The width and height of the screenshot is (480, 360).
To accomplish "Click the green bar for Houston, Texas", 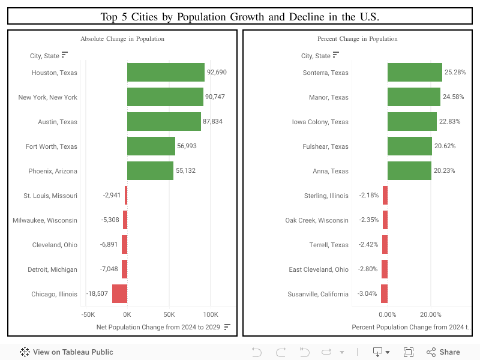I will pyautogui.click(x=166, y=72).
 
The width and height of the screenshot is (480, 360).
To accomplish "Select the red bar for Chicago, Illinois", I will pyautogui.click(x=119, y=294).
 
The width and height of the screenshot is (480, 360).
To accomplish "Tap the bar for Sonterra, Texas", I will pyautogui.click(x=415, y=73).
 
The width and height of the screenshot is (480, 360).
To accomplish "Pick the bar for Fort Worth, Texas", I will pyautogui.click(x=151, y=146).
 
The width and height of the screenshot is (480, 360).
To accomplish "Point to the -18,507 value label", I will pyautogui.click(x=97, y=294).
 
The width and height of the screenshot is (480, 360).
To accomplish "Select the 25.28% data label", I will pyautogui.click(x=455, y=73).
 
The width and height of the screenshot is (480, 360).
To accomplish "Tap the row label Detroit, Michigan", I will pyautogui.click(x=52, y=269).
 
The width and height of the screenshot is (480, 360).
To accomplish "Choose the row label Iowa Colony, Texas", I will pyautogui.click(x=320, y=122).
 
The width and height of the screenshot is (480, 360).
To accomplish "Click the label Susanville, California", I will pyautogui.click(x=318, y=294).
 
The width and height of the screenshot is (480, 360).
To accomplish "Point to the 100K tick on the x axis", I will pyautogui.click(x=211, y=314).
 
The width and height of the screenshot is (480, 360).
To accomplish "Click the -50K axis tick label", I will pyautogui.click(x=88, y=314).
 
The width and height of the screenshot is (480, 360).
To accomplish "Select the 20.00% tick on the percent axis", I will pyautogui.click(x=430, y=314).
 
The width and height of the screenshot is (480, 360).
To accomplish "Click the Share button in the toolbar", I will pyautogui.click(x=443, y=352).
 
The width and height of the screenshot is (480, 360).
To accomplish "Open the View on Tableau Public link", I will pyautogui.click(x=67, y=352).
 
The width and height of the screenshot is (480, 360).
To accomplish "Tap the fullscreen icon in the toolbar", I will pyautogui.click(x=409, y=352).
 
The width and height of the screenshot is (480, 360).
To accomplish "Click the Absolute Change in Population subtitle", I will pyautogui.click(x=122, y=39).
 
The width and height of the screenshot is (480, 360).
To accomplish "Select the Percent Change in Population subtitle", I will pyautogui.click(x=357, y=39).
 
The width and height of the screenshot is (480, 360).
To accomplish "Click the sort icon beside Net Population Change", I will pyautogui.click(x=227, y=327).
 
